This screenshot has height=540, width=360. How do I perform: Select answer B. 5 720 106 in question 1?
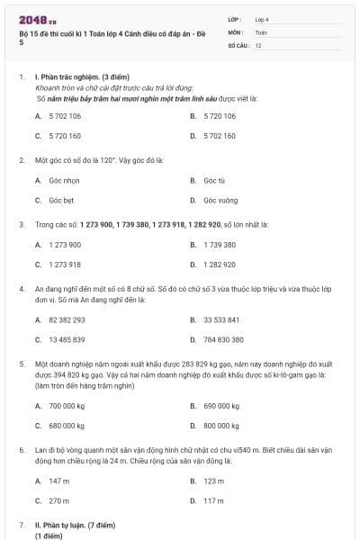(219, 116)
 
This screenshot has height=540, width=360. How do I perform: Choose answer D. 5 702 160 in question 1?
(219, 136)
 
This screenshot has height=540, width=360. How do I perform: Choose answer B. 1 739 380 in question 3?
(219, 245)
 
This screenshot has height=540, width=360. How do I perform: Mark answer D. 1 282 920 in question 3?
(219, 265)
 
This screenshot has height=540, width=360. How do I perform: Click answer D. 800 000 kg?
(220, 426)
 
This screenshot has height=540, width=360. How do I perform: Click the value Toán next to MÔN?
(261, 31)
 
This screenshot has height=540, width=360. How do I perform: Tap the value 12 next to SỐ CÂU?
(258, 44)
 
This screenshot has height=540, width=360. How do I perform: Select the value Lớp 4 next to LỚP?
(262, 19)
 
